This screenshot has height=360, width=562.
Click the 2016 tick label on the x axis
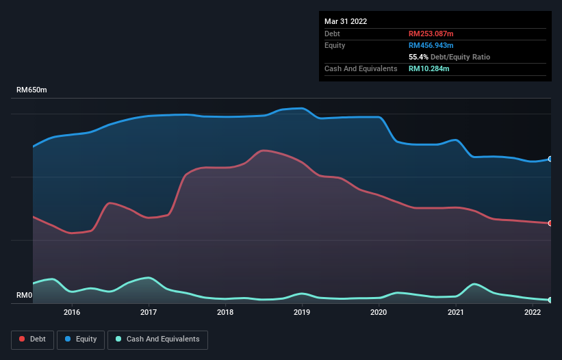[72, 313]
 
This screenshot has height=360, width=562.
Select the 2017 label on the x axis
[149, 313]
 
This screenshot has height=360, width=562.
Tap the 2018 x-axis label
[225, 313]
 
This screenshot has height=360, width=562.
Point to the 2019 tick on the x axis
[303, 313]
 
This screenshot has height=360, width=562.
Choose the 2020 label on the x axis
[379, 313]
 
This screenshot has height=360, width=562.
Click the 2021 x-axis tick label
[456, 313]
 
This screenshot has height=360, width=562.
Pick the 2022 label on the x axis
[533, 313]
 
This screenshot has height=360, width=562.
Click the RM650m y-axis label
[31, 90]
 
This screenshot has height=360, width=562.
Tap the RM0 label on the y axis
[24, 296]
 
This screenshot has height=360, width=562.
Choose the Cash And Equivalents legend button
[157, 339]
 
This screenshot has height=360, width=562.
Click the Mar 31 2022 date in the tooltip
[346, 21]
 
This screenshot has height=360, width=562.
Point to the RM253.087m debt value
[431, 34]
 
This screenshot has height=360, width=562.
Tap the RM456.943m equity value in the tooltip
[431, 45]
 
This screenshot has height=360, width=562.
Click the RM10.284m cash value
[429, 68]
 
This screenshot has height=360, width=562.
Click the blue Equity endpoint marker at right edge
[550, 159]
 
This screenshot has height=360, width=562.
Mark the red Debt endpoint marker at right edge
[550, 223]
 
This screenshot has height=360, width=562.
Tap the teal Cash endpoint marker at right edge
[550, 300]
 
